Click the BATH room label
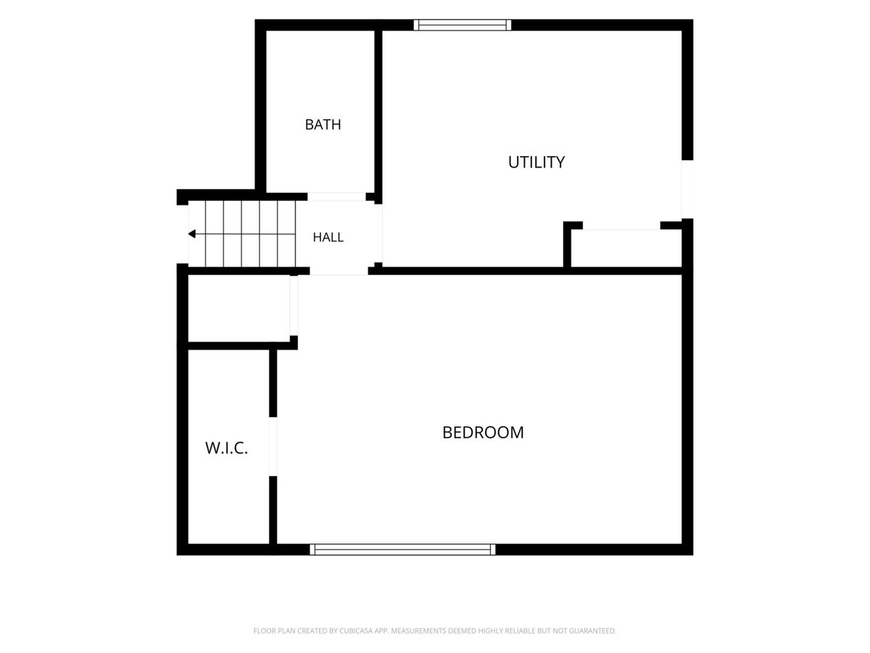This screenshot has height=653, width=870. (x=323, y=125)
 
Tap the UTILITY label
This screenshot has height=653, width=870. (x=536, y=162)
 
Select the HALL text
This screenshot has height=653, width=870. (x=328, y=237)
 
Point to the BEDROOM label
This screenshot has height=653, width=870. (x=483, y=432)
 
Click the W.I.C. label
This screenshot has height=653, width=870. (x=226, y=448)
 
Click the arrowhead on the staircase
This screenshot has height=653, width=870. (x=192, y=234)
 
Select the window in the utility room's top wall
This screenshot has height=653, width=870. (x=462, y=25)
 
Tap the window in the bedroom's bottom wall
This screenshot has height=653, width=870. (x=402, y=549)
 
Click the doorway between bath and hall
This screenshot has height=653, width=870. (x=336, y=197)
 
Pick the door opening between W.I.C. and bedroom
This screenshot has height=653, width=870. (x=273, y=447)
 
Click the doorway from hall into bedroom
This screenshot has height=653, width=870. (x=339, y=271)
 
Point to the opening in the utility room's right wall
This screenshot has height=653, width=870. (x=687, y=189)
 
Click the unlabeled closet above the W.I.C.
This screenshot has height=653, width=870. (x=239, y=308)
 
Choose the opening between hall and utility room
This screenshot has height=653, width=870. (x=378, y=233)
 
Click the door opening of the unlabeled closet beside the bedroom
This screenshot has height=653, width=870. (x=294, y=305)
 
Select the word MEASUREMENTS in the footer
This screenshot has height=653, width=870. (x=418, y=631)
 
